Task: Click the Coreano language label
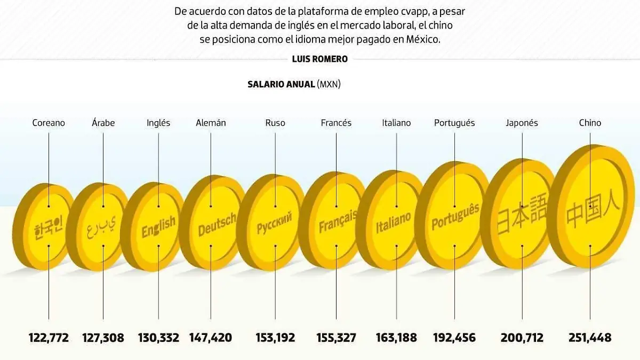pyautogui.click(x=49, y=123)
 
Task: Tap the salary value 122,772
pyautogui.click(x=49, y=338)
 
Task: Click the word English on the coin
pyautogui.click(x=158, y=227)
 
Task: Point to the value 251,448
pyautogui.click(x=590, y=338)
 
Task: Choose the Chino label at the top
pyautogui.click(x=590, y=123)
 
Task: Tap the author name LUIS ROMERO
pyautogui.click(x=319, y=59)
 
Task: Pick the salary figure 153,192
pyautogui.click(x=276, y=338)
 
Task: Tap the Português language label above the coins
pyautogui.click(x=454, y=123)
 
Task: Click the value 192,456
pyautogui.click(x=454, y=338)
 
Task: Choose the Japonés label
pyautogui.click(x=522, y=123)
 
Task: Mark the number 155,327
pyautogui.click(x=336, y=338)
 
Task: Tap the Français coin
pyautogui.click(x=336, y=221)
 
